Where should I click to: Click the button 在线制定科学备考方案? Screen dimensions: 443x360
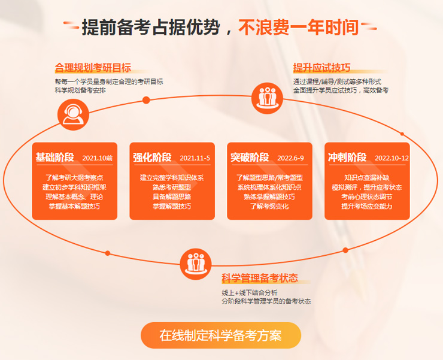click(x=221, y=335)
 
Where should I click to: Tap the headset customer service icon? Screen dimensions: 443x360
click(x=73, y=114)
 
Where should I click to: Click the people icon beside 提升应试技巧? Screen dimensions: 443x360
click(x=267, y=98)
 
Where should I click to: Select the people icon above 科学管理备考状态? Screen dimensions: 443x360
click(x=196, y=264)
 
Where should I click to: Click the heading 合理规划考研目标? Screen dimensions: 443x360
click(x=93, y=68)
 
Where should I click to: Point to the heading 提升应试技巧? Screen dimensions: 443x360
click(x=322, y=68)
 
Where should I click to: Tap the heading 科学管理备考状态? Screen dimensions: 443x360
click(x=260, y=278)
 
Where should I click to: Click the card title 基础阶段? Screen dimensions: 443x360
click(x=55, y=157)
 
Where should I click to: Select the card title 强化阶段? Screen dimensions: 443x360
click(x=152, y=157)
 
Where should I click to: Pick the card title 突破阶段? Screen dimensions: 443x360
click(x=250, y=157)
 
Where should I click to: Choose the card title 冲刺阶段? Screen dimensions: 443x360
click(x=347, y=157)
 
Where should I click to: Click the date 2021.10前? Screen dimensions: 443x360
click(x=98, y=158)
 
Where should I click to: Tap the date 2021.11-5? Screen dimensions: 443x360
click(x=195, y=158)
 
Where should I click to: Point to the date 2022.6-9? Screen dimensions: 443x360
click(x=291, y=158)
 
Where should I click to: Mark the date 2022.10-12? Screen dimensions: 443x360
click(x=392, y=158)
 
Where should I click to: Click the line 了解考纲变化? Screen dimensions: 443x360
click(x=269, y=206)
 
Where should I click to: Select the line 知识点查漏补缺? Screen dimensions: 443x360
click(x=367, y=177)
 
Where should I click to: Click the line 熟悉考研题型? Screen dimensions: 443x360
click(x=172, y=187)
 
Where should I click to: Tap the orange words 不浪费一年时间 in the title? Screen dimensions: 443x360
click(x=299, y=28)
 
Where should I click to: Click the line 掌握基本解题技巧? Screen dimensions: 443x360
click(x=74, y=206)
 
